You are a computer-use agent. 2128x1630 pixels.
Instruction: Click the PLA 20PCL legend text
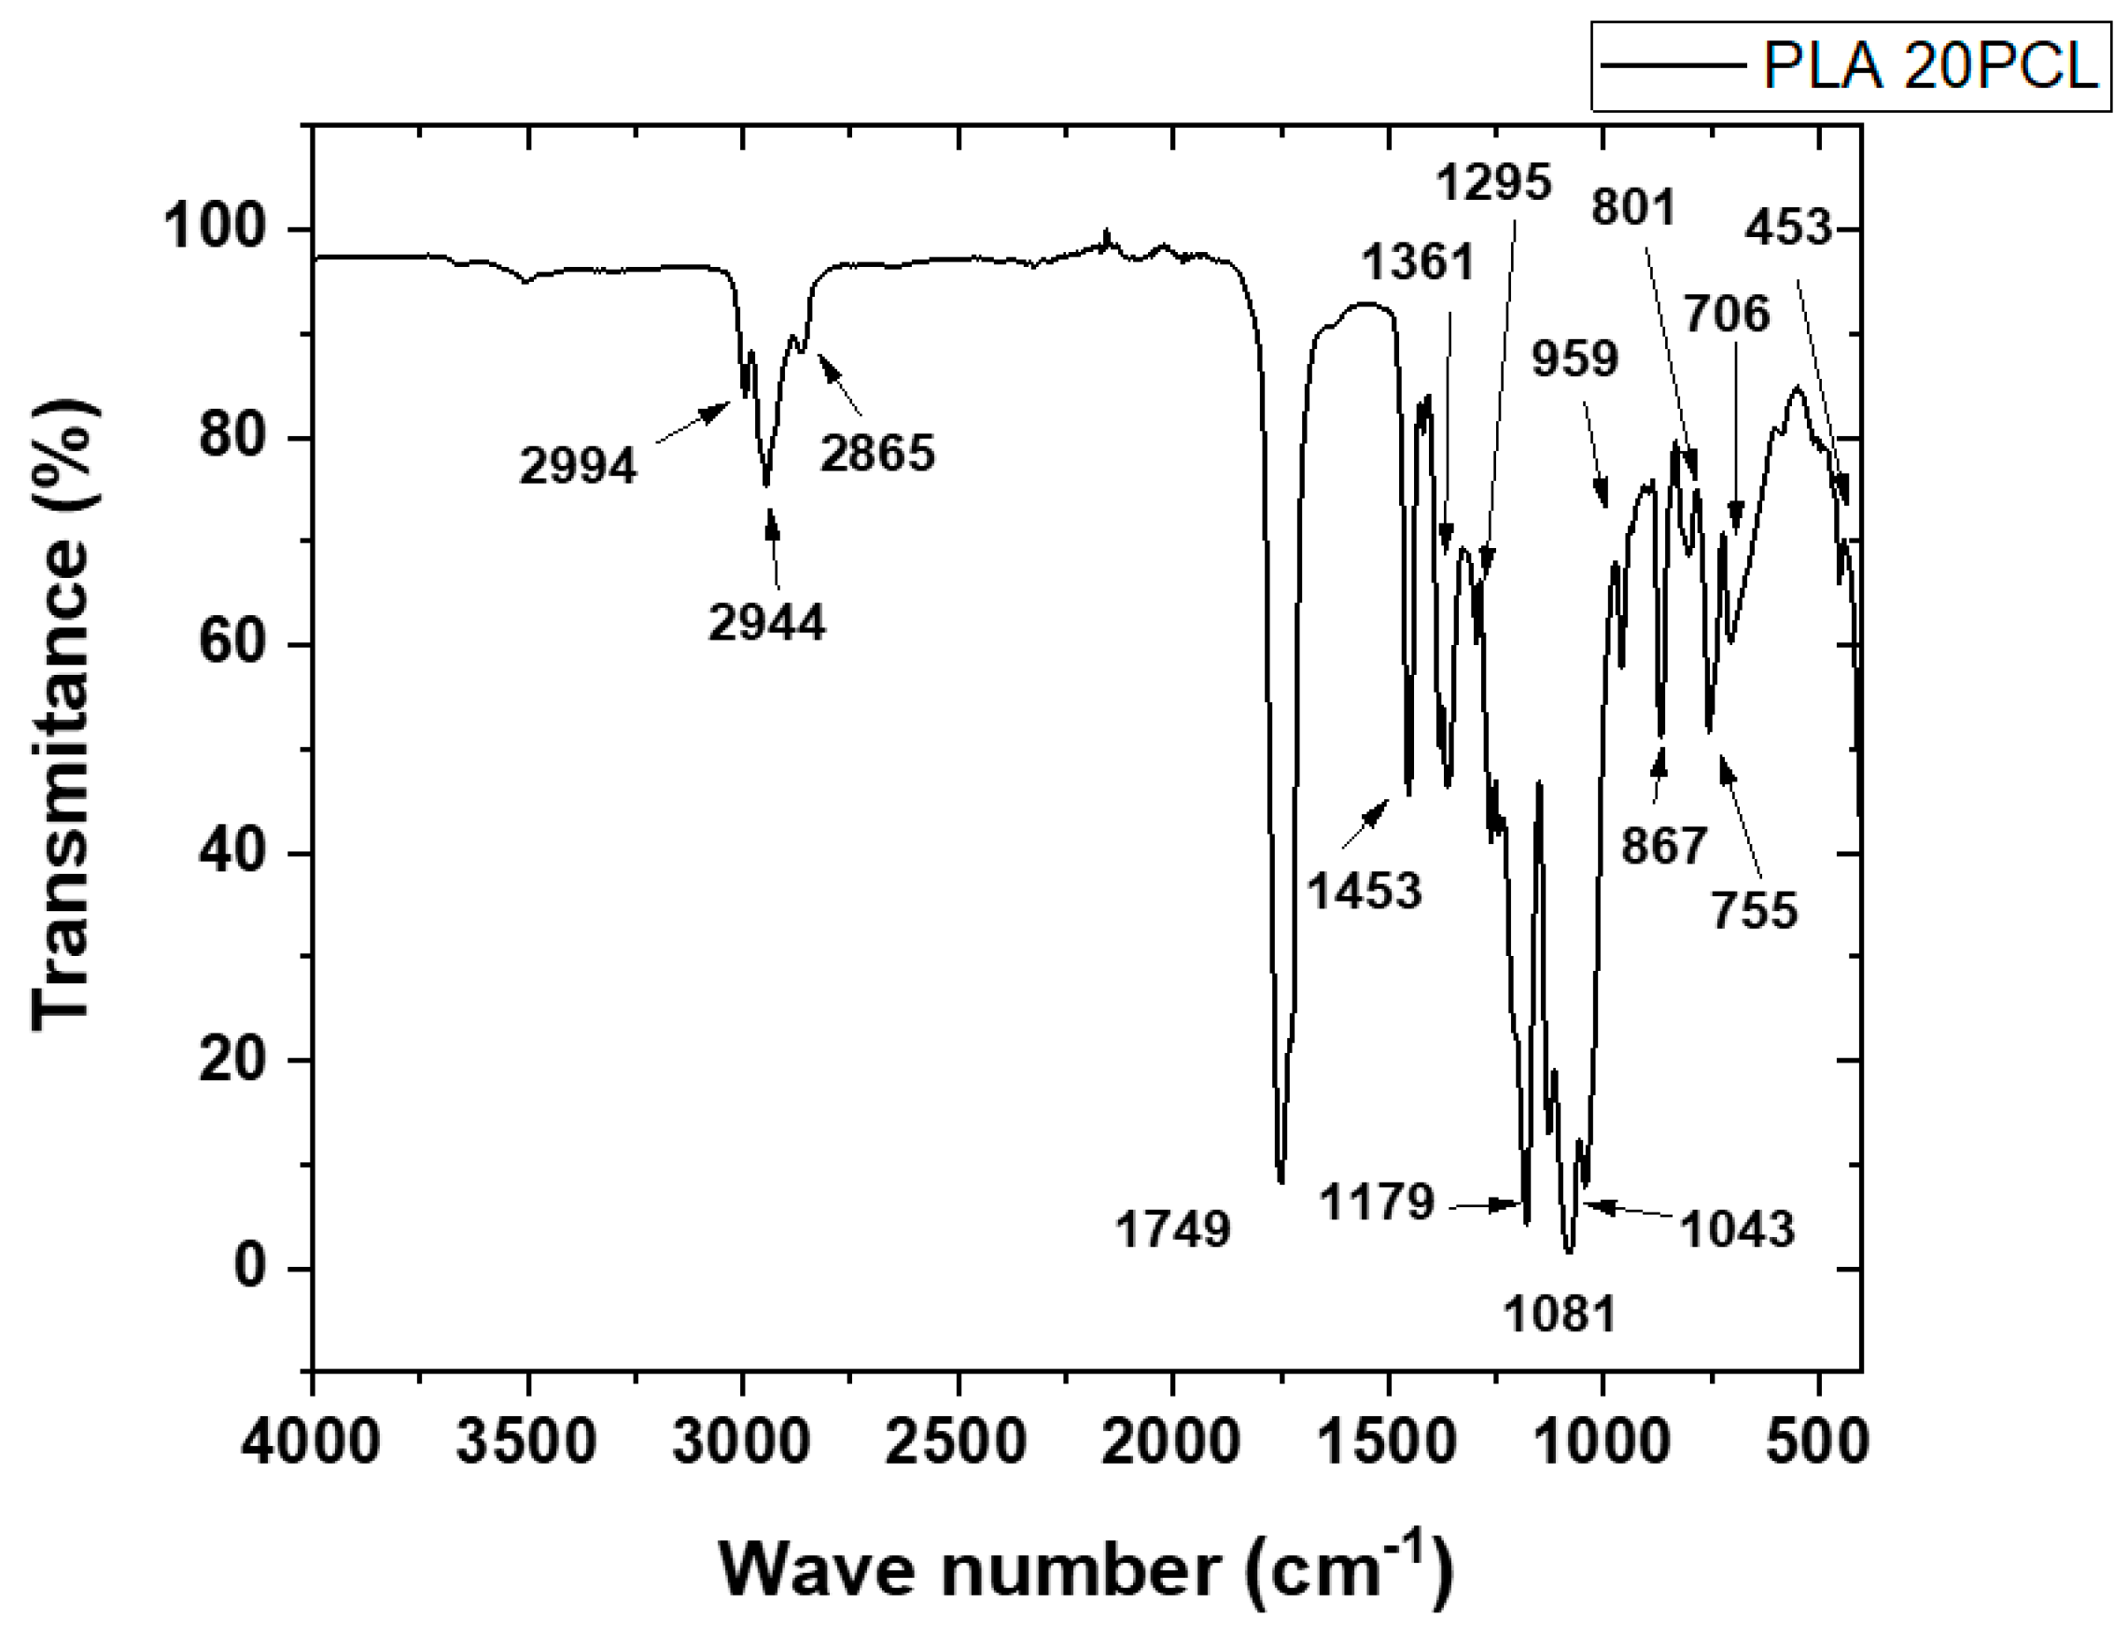1929,68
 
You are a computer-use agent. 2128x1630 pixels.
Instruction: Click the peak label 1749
1172,1230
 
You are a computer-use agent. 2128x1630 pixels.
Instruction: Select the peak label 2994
578,467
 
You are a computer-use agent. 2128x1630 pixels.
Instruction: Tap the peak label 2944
766,622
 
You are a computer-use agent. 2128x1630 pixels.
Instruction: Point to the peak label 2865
876,453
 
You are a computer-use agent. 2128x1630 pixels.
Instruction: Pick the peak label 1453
1365,891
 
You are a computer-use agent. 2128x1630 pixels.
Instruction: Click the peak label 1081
1560,1314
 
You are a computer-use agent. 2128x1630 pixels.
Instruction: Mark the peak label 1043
1736,1230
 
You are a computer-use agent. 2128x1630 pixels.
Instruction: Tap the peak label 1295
1493,181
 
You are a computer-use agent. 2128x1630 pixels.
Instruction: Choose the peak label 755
1754,911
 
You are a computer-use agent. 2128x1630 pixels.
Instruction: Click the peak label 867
1662,846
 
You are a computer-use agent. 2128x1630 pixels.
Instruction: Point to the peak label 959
1575,360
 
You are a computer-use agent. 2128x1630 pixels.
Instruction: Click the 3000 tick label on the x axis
742,1442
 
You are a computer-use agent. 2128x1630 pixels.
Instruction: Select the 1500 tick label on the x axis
1388,1442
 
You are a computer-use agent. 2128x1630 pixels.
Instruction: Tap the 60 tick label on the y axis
231,645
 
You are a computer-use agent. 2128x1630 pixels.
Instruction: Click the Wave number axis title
1085,1570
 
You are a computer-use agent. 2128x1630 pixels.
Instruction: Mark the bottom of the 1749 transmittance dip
1281,1182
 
